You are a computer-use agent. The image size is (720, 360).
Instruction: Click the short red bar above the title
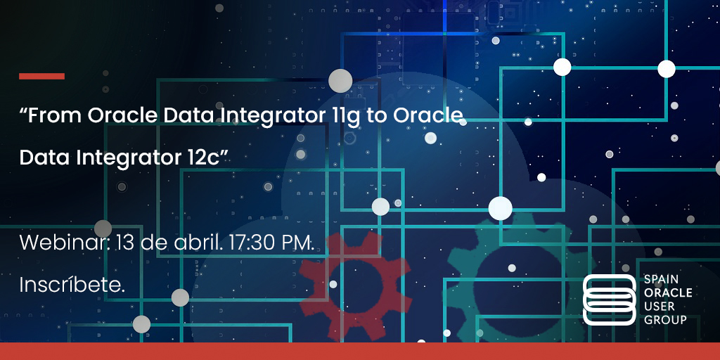coord(41,76)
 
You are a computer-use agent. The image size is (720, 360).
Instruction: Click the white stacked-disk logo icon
coord(609,300)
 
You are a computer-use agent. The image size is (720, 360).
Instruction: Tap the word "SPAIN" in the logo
coord(662,280)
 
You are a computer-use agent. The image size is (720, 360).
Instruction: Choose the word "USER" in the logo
coord(660,307)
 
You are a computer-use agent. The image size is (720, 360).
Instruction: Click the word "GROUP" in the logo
coord(665,320)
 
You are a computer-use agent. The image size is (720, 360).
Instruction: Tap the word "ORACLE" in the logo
coord(668,293)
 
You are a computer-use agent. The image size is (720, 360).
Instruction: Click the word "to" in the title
coord(378,116)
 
